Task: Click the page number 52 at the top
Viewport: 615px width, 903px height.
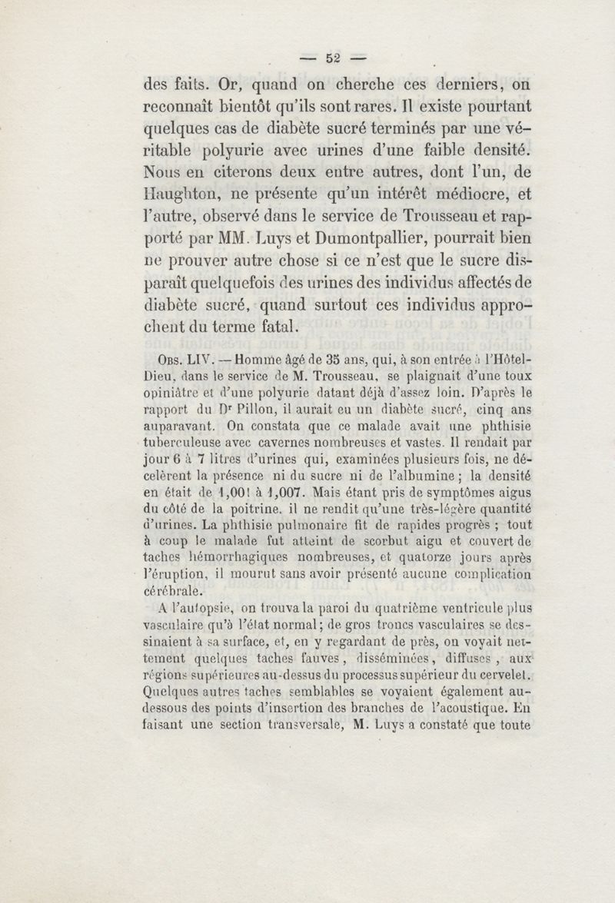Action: tap(333, 57)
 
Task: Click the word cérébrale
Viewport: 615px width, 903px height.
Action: tap(174, 591)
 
